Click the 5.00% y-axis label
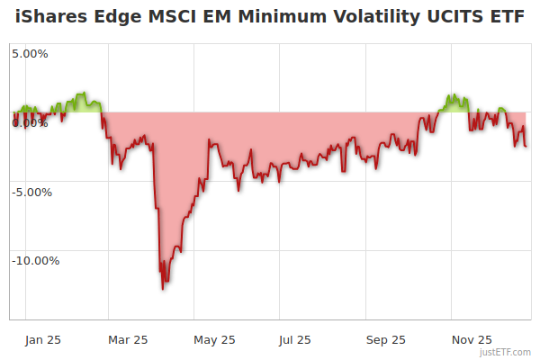click(30, 53)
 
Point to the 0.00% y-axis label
click(30, 122)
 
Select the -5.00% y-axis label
click(32, 192)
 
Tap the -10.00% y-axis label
click(35, 261)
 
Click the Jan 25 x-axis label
click(43, 340)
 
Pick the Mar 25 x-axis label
click(128, 340)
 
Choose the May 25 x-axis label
click(214, 340)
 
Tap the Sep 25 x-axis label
click(386, 340)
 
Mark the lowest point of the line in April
click(163, 289)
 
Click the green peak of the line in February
click(83, 93)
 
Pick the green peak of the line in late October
click(453, 94)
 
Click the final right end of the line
click(526, 146)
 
